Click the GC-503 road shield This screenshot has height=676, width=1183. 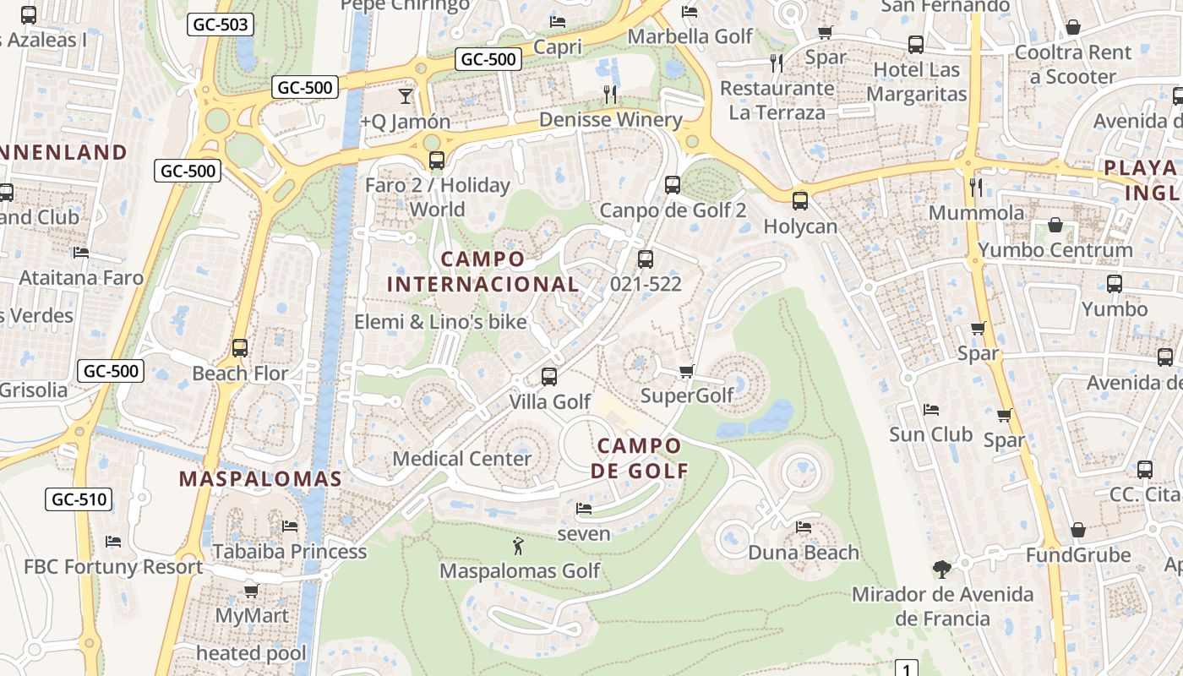tap(221, 25)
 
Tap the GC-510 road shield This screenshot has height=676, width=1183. tap(79, 499)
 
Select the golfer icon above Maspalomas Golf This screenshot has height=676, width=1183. tap(519, 546)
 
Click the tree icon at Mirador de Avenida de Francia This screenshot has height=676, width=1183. tap(942, 569)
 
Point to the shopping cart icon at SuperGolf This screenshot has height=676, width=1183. tap(687, 371)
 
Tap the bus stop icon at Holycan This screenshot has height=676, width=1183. tap(800, 201)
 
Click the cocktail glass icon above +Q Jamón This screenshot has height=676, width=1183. tap(406, 95)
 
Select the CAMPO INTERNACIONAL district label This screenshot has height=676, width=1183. tap(482, 271)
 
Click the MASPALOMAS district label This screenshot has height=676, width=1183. tap(260, 479)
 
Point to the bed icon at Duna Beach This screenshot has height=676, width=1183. tap(804, 527)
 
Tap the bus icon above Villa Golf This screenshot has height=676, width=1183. tap(549, 377)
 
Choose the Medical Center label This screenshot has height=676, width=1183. tap(462, 459)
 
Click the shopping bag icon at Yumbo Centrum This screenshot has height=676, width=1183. tap(1055, 225)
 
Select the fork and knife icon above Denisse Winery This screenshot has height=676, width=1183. tap(610, 94)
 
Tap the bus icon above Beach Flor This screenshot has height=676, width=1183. tap(240, 348)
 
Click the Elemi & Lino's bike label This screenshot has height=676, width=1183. tap(440, 322)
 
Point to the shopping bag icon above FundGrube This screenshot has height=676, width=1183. tap(1078, 530)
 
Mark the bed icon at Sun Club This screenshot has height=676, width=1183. tap(931, 410)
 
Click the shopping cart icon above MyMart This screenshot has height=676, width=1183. tap(251, 590)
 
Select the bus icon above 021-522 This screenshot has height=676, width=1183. tap(646, 259)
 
